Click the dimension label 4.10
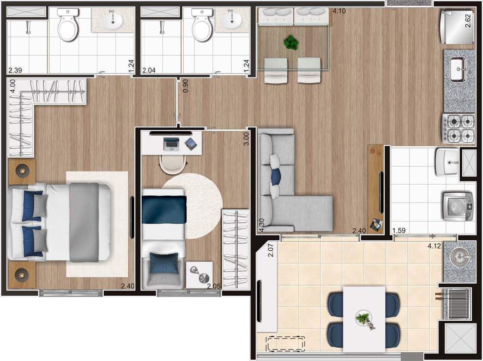339,11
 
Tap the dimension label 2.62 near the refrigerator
468,21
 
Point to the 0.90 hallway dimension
185,86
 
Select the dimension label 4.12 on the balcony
434,246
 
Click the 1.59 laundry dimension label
399,230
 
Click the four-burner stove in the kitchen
458,128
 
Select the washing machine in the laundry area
458,206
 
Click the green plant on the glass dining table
291,42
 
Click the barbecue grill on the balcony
458,303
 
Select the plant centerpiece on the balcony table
365,320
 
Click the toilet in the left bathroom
68,25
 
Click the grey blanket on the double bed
84,222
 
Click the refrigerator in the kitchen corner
457,27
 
